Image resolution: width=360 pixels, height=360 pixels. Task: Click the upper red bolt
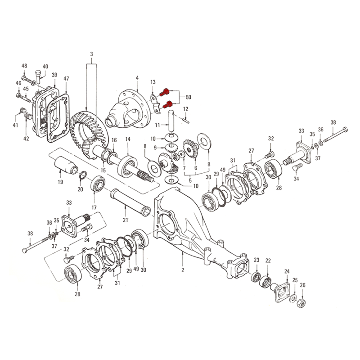pyautogui.click(x=164, y=93)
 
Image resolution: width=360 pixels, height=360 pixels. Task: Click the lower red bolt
pyautogui.click(x=167, y=105)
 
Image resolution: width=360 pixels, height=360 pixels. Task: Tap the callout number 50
pyautogui.click(x=188, y=97)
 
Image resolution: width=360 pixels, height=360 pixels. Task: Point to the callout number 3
pyautogui.click(x=92, y=54)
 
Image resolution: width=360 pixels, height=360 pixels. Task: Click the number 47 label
pyautogui.click(x=66, y=78)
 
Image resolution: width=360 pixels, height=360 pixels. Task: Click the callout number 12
pyautogui.click(x=185, y=109)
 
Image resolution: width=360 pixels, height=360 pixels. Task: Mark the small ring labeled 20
pyautogui.click(x=83, y=175)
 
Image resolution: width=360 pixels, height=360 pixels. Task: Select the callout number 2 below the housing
pyautogui.click(x=183, y=270)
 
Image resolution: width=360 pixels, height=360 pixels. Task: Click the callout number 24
pyautogui.click(x=287, y=272)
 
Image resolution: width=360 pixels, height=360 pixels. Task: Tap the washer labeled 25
pyautogui.click(x=293, y=298)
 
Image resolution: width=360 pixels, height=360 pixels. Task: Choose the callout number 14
pyautogui.click(x=128, y=139)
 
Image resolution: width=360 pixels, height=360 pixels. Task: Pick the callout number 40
pyautogui.click(x=45, y=67)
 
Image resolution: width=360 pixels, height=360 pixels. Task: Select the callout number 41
pyautogui.click(x=15, y=125)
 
